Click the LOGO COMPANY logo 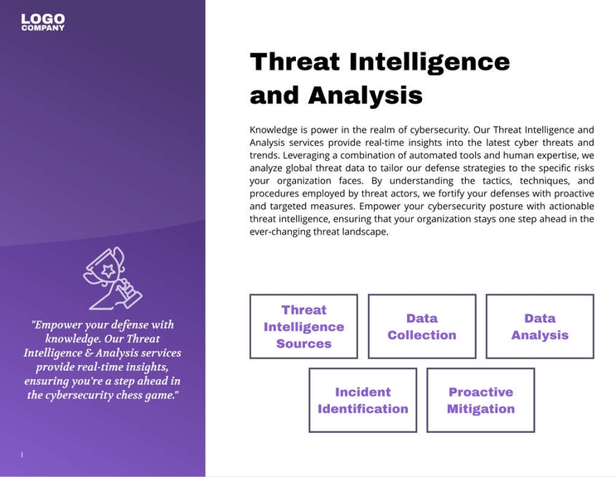click(43, 22)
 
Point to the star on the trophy click(107, 269)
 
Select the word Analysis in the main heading click(366, 95)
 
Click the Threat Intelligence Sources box click(303, 326)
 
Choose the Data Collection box click(421, 326)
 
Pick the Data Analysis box click(540, 326)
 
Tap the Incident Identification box click(362, 400)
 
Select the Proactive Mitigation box click(480, 400)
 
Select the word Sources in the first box click(303, 343)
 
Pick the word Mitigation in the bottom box click(480, 409)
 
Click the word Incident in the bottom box click(362, 392)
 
